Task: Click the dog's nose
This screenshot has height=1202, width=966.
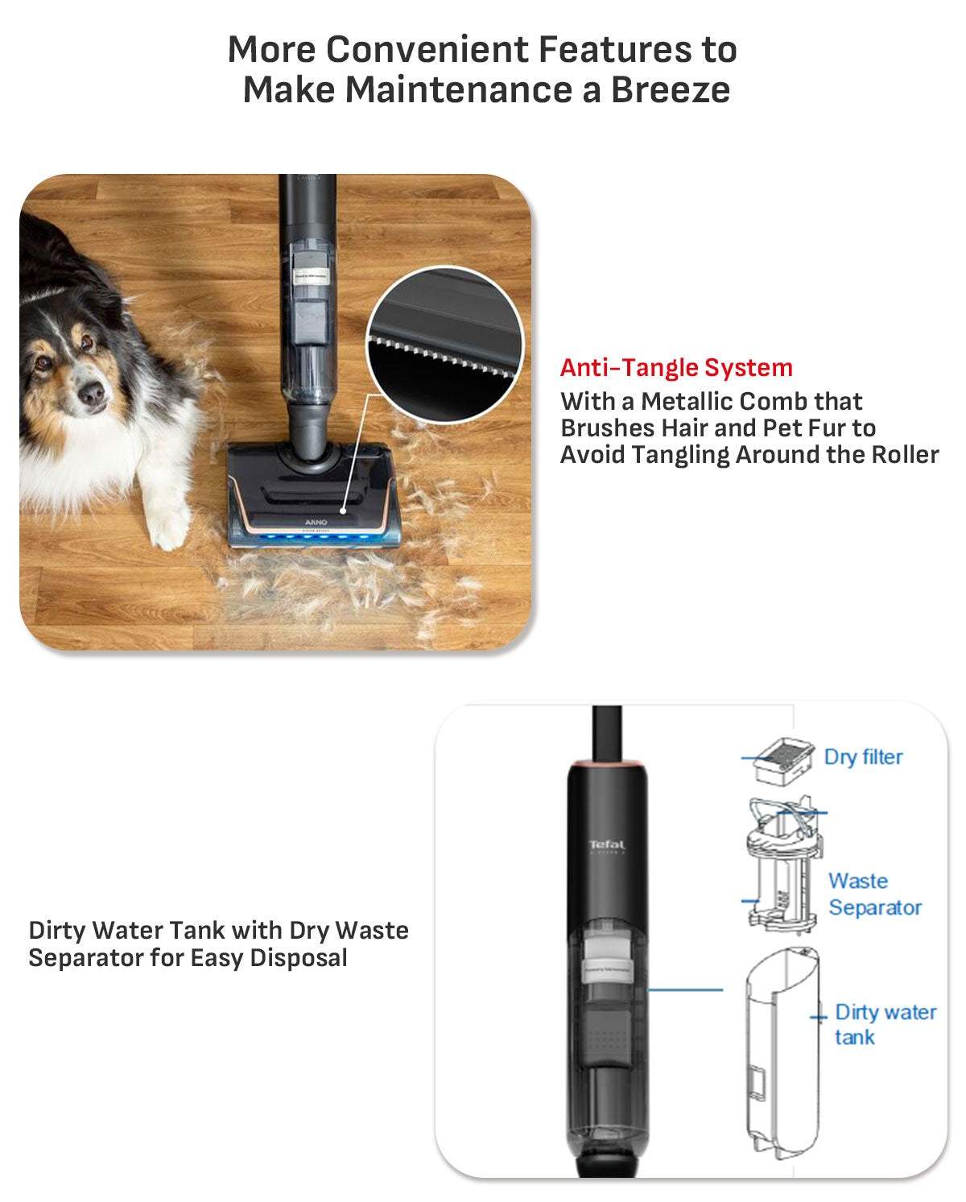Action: (x=91, y=394)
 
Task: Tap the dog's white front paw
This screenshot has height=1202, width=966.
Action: (x=170, y=527)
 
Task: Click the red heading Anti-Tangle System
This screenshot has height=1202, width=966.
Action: (x=676, y=368)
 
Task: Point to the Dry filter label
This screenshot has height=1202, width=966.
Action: (x=863, y=757)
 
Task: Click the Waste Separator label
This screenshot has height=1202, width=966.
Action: (x=874, y=894)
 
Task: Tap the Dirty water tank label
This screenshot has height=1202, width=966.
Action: (x=884, y=1024)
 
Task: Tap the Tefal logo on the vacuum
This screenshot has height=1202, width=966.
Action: (x=607, y=845)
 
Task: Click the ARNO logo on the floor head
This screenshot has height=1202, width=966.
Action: (x=316, y=523)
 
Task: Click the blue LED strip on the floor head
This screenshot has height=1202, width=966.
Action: (x=314, y=538)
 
